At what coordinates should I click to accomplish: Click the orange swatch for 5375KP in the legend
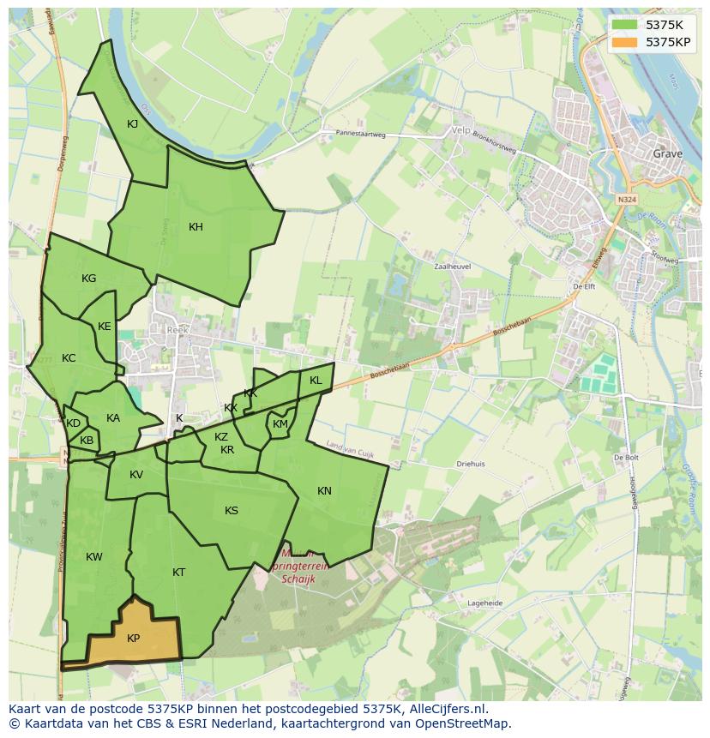click(624, 41)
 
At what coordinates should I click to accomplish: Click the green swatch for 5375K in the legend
click(624, 25)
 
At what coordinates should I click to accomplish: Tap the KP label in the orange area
click(133, 639)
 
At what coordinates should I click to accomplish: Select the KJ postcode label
click(133, 124)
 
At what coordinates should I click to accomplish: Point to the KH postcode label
click(196, 227)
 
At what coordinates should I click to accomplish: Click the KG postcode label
click(88, 279)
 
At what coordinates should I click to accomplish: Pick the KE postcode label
click(105, 327)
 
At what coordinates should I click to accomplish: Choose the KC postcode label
click(69, 358)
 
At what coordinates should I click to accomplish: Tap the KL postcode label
click(316, 381)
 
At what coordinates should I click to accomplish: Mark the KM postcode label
click(280, 424)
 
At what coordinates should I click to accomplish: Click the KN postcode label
click(324, 491)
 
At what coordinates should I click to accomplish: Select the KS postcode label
click(232, 511)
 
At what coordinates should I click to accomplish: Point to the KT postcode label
click(178, 573)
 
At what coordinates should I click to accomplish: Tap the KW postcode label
click(94, 557)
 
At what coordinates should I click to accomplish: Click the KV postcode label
click(136, 475)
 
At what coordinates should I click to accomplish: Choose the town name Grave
click(668, 154)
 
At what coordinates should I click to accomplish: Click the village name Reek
click(177, 330)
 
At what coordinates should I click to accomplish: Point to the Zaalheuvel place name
click(454, 267)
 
